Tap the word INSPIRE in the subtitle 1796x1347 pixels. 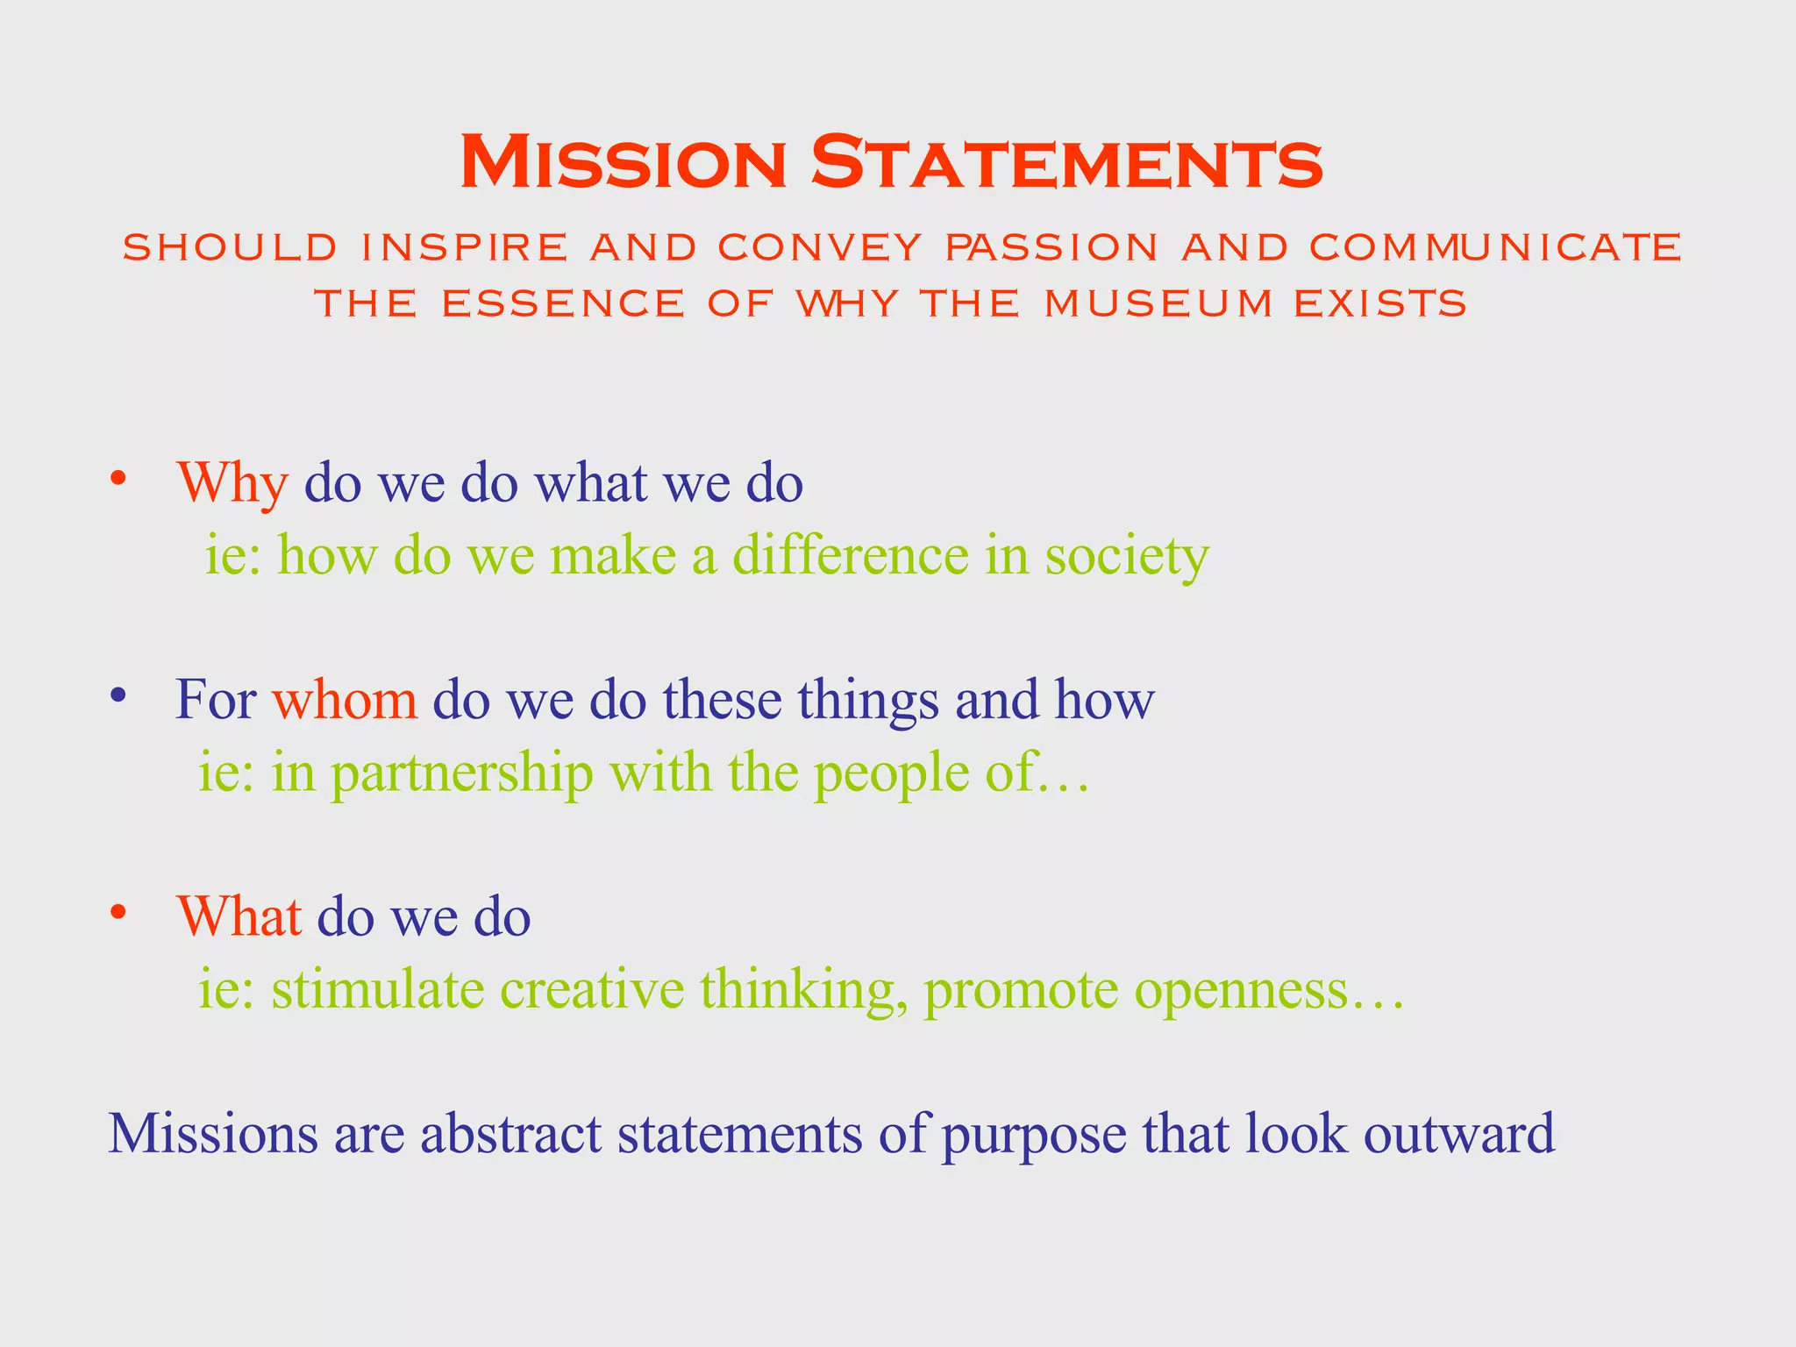465,247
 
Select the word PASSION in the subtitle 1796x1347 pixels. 1052,247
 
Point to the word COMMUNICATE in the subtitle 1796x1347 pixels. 1495,247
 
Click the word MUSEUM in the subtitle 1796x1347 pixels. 1158,303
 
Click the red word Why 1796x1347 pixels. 232,483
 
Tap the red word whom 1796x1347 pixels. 345,700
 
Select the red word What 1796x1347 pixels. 239,916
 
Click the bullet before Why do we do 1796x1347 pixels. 119,480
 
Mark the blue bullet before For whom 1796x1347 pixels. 119,696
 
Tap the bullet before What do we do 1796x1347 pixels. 119,913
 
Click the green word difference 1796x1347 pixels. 850,555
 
